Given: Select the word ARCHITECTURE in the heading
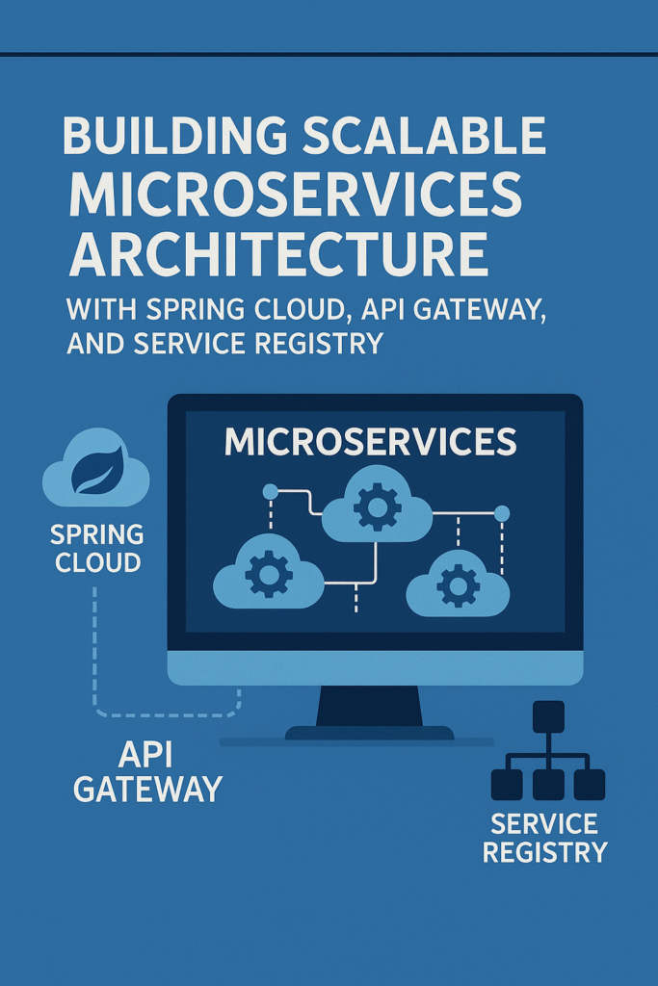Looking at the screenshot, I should coord(277,252).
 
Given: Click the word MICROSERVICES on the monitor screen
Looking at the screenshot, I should coord(371,443).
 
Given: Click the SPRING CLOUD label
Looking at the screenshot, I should coord(96,548).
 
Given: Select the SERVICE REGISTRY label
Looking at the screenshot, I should coord(544,838).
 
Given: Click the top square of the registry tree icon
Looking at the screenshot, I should coord(547,716).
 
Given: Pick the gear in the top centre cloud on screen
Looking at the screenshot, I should coord(378,507).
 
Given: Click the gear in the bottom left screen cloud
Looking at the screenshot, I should coord(268,574).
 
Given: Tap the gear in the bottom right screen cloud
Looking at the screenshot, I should coord(457,583).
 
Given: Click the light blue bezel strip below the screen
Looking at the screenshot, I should coord(375,667).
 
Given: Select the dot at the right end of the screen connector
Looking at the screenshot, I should coord(501,514).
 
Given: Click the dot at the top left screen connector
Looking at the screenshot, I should coord(271,491).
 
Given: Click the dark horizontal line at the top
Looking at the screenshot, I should coord(329,54).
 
